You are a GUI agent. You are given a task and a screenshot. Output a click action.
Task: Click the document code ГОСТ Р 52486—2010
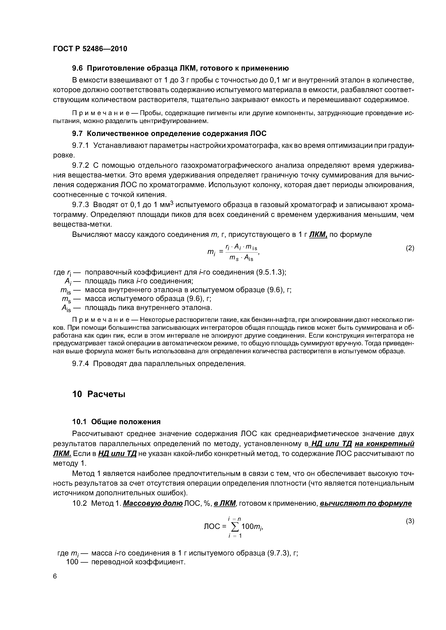(x=90, y=49)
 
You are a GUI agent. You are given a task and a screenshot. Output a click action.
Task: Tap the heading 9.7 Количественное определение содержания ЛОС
(x=169, y=134)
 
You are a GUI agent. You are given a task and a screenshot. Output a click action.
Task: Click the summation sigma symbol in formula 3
(x=234, y=526)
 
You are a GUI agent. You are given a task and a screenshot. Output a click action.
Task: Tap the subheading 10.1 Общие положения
(x=116, y=422)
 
